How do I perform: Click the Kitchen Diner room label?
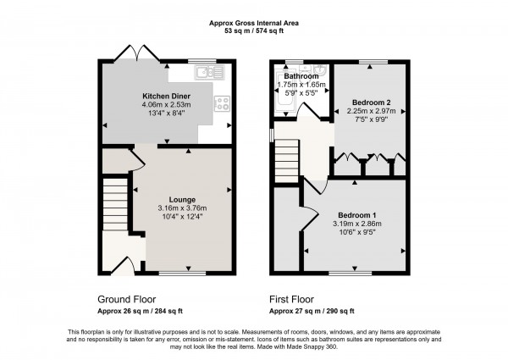tap(165, 96)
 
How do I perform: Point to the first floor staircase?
tap(288, 161)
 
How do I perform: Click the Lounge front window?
tap(175, 273)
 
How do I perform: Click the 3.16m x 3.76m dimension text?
tap(183, 208)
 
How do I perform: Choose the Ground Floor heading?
tap(126, 300)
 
